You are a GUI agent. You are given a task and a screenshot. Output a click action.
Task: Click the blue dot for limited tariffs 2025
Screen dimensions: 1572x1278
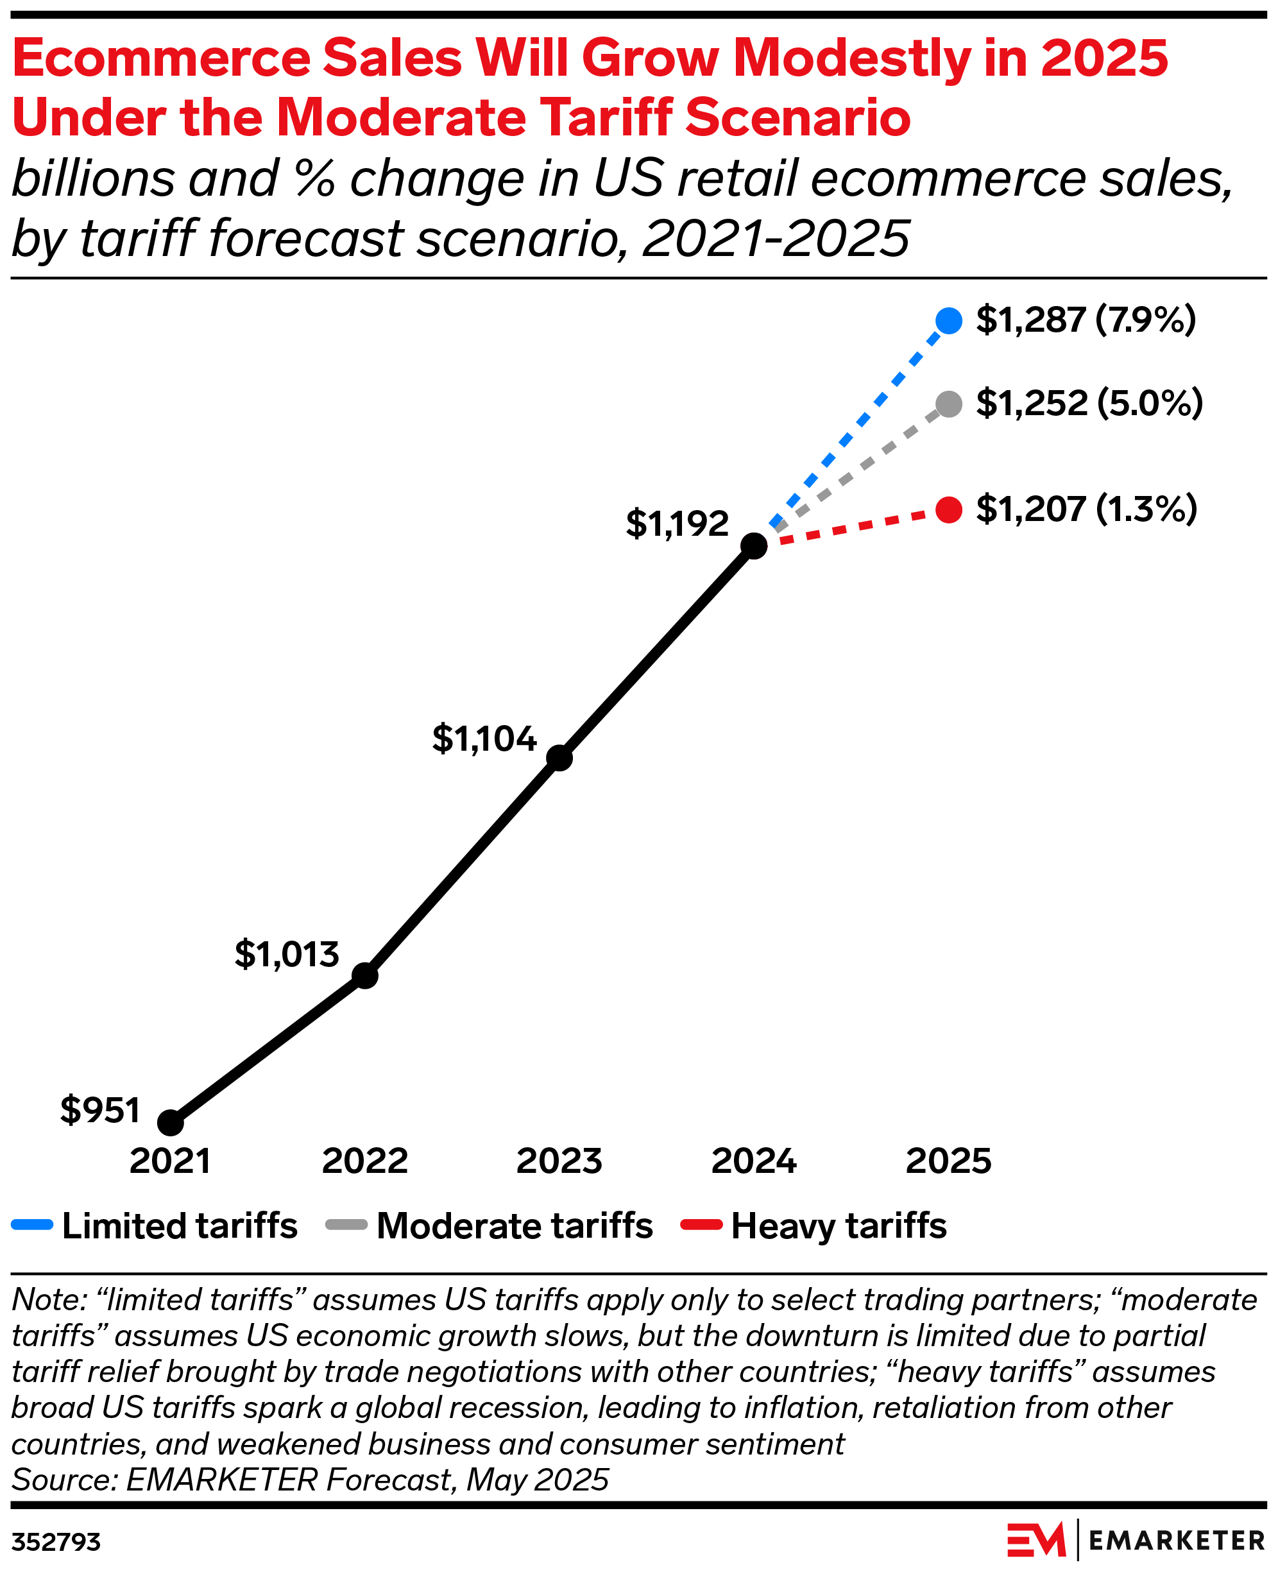948,320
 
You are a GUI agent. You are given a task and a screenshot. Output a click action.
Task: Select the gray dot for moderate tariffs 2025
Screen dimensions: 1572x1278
948,404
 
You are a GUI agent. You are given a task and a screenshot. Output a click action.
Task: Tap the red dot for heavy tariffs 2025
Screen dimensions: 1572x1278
948,509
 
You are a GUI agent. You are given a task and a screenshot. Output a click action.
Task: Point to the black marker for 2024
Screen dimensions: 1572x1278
754,545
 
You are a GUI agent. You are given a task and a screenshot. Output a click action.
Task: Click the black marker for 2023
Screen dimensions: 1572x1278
559,758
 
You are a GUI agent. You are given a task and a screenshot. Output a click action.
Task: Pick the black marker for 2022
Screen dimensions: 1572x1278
364,975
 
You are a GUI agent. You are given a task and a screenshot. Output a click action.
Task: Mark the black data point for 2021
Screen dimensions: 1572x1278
170,1123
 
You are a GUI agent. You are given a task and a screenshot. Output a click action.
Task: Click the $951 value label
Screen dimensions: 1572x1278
100,1109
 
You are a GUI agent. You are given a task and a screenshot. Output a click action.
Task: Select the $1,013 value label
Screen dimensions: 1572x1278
286,954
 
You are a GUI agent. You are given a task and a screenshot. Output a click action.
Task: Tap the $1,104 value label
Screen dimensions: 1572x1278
484,739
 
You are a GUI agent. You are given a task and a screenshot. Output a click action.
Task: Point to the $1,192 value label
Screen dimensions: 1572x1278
677,524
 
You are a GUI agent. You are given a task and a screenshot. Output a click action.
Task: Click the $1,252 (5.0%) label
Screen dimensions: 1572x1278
1089,403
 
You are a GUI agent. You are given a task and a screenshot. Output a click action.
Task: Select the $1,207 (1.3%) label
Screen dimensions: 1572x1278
1087,509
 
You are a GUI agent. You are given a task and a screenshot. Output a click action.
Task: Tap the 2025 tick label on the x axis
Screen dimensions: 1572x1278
948,1161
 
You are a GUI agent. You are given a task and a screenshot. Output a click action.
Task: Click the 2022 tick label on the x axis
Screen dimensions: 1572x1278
364,1161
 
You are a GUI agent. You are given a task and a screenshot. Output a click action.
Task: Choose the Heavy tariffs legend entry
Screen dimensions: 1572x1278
814,1226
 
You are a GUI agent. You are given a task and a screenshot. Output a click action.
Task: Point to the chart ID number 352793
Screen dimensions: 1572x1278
56,1542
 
